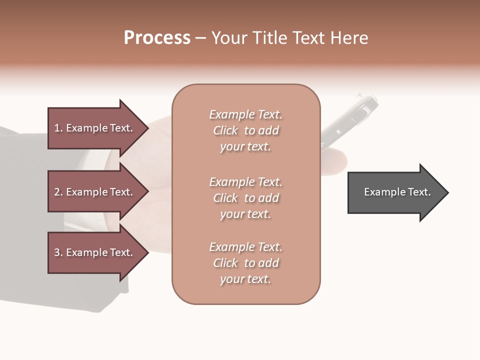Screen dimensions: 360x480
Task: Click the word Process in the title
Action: (x=157, y=38)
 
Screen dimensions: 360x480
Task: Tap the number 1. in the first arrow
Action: (x=58, y=128)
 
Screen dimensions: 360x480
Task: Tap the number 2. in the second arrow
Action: (x=58, y=192)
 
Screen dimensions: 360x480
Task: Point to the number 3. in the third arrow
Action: (x=58, y=252)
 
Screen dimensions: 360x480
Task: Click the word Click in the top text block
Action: (x=225, y=131)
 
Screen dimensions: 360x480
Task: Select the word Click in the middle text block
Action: (x=225, y=198)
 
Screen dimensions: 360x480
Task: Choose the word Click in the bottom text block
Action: (x=225, y=263)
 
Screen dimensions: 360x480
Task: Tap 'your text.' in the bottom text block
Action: (x=245, y=279)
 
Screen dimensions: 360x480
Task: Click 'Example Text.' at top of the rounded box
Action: (x=245, y=114)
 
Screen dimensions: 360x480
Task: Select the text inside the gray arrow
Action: (x=397, y=192)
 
